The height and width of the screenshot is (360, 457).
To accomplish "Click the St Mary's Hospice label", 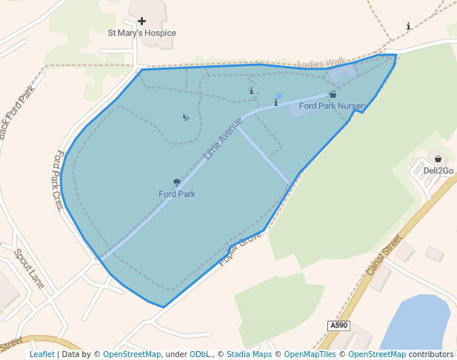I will pyautogui.click(x=141, y=33).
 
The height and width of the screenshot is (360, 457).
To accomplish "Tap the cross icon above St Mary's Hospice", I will pyautogui.click(x=141, y=21).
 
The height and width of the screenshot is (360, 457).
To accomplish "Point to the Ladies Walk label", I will pyautogui.click(x=321, y=64).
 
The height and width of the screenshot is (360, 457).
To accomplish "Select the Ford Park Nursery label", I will pyautogui.click(x=332, y=106).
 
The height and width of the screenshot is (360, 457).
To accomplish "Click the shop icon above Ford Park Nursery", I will pyautogui.click(x=333, y=95).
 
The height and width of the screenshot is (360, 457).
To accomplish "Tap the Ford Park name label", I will pyautogui.click(x=177, y=194).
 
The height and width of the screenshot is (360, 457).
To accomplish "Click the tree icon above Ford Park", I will pyautogui.click(x=177, y=182).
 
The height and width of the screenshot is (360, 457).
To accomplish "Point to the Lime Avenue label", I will pyautogui.click(x=223, y=139).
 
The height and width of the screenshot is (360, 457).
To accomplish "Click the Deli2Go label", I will pyautogui.click(x=438, y=170).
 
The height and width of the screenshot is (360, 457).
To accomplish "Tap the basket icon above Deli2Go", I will pyautogui.click(x=438, y=159).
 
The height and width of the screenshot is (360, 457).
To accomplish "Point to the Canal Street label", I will pyautogui.click(x=384, y=255).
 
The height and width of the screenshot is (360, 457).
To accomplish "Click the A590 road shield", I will pyautogui.click(x=338, y=325).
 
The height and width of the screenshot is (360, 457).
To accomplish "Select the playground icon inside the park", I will pyautogui.click(x=186, y=116).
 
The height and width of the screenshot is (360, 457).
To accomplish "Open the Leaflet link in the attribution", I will pyautogui.click(x=41, y=354).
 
